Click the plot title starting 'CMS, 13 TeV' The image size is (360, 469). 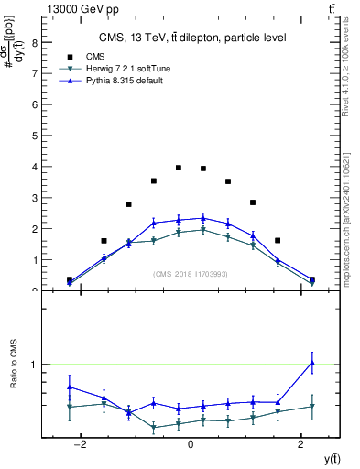(193, 38)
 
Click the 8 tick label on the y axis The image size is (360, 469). (33, 42)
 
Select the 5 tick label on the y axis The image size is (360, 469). (33, 136)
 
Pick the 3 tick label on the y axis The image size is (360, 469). (33, 198)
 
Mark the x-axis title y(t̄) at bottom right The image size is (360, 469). (325, 458)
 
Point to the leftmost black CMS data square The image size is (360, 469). (70, 280)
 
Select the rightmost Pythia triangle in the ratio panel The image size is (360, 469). (312, 363)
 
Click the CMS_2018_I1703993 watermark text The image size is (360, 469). (190, 273)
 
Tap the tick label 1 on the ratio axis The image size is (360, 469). (33, 365)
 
